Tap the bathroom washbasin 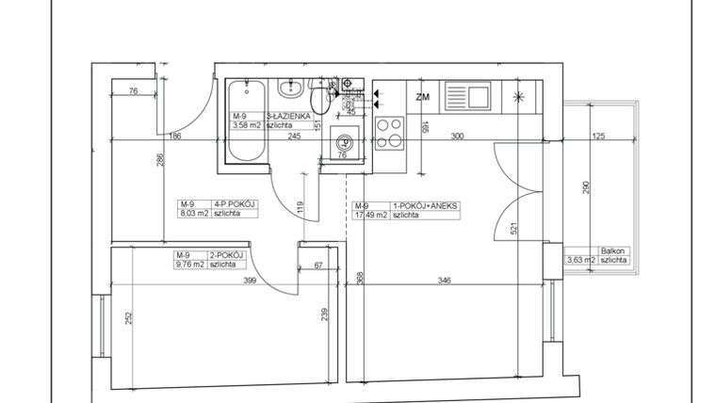[x=290, y=91]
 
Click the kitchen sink [x=464, y=94]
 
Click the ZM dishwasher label [x=423, y=95]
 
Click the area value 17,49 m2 [x=369, y=215]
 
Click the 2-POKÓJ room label [x=227, y=255]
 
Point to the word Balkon [x=612, y=251]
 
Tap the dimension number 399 [x=250, y=281]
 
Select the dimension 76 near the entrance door [x=133, y=91]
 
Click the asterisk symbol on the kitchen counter [x=519, y=95]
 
